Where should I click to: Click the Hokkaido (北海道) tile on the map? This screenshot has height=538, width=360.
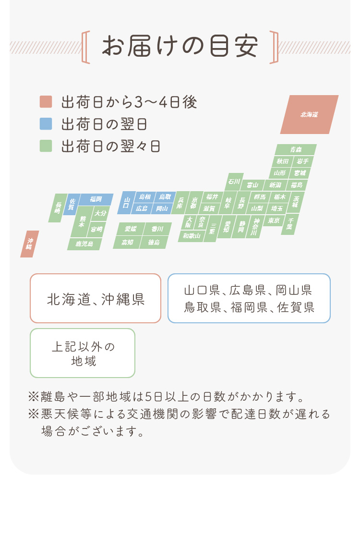pyautogui.click(x=309, y=115)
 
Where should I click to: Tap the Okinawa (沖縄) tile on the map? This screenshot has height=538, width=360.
pyautogui.click(x=30, y=244)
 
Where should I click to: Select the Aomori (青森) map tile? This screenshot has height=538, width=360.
pyautogui.click(x=296, y=149)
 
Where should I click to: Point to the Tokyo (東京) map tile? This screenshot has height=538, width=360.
pyautogui.click(x=274, y=220)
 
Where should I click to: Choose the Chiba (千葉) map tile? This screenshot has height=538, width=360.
pyautogui.click(x=290, y=224)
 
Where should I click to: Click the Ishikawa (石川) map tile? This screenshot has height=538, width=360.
pyautogui.click(x=234, y=182)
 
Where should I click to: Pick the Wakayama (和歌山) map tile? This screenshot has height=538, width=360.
pyautogui.click(x=192, y=236)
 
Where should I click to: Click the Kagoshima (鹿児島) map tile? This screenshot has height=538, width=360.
pyautogui.click(x=84, y=244)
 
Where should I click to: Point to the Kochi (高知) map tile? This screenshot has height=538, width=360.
pyautogui.click(x=127, y=242)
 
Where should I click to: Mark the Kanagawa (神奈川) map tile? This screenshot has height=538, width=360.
pyautogui.click(x=255, y=227)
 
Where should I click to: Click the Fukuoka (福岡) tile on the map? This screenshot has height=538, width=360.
pyautogui.click(x=96, y=199)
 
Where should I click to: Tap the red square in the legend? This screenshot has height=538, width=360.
pyautogui.click(x=46, y=102)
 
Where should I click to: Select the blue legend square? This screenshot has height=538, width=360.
pyautogui.click(x=46, y=124)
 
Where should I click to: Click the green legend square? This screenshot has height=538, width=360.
pyautogui.click(x=46, y=146)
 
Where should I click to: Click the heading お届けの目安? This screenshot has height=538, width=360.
pyautogui.click(x=180, y=46)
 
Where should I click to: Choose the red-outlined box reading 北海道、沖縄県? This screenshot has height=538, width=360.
pyautogui.click(x=96, y=298)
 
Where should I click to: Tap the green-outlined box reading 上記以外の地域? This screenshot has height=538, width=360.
pyautogui.click(x=83, y=353)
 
